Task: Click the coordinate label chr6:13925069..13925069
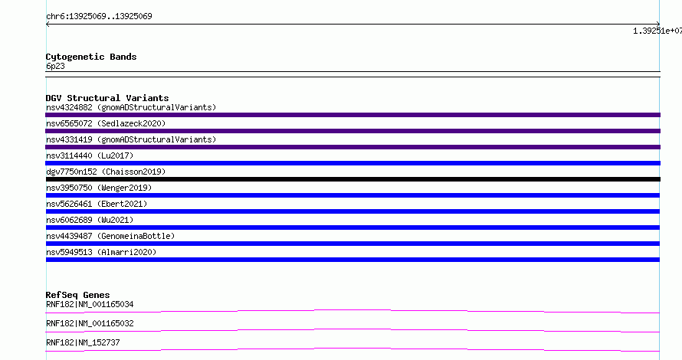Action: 99,17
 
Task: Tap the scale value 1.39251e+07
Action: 657,31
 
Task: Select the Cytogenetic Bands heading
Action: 91,57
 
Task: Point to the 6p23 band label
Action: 55,66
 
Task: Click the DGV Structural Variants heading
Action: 107,98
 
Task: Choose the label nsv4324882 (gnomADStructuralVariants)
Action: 131,107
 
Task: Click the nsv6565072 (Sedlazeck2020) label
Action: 106,123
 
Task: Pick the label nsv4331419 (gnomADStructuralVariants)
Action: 131,139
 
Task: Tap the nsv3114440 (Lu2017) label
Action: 90,155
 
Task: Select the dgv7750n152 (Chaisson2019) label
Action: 106,172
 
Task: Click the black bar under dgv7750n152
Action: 352,179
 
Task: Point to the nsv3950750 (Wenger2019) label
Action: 99,188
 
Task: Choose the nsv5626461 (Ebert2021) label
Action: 97,204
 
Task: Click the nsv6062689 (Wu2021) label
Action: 90,220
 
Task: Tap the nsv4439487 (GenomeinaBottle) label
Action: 110,236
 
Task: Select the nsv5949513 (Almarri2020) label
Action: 101,252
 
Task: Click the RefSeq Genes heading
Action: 77,295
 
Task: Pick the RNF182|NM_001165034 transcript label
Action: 90,304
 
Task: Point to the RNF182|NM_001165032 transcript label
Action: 90,323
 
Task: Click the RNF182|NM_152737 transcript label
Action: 83,342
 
